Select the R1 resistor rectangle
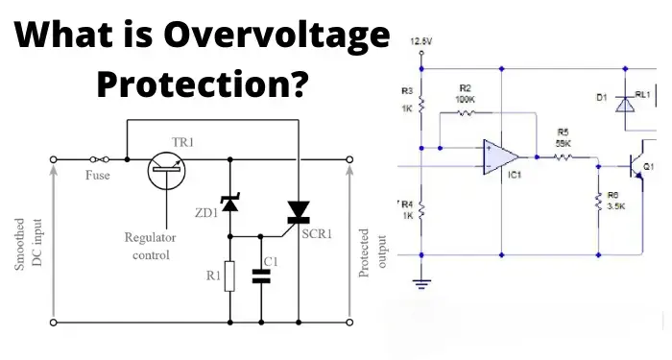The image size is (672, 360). [228, 277]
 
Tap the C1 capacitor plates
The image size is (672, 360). [261, 276]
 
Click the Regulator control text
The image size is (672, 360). [147, 246]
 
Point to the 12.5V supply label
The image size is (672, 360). [421, 42]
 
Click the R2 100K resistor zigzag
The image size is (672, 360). [467, 113]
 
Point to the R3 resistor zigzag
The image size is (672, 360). [421, 104]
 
